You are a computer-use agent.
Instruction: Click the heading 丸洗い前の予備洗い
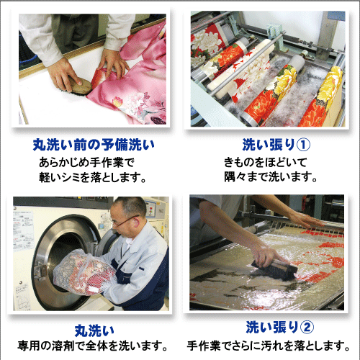pyautogui.click(x=94, y=145)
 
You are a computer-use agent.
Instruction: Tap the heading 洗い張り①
pyautogui.click(x=276, y=145)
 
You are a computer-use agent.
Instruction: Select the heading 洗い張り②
pyautogui.click(x=279, y=328)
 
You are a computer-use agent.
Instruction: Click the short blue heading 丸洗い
pyautogui.click(x=94, y=330)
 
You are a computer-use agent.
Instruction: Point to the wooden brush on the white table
pyautogui.click(x=76, y=86)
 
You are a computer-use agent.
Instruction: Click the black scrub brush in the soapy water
pyautogui.click(x=275, y=268)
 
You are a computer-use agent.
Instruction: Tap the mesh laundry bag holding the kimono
pyautogui.click(x=84, y=271)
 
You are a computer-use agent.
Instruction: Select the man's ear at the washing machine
pyautogui.click(x=136, y=223)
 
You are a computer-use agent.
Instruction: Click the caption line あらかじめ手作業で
pyautogui.click(x=86, y=163)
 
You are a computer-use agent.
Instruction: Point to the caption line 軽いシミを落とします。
pyautogui.click(x=92, y=177)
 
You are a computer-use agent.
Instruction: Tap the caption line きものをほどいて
pyautogui.click(x=266, y=163)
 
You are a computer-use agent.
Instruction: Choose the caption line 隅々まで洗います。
pyautogui.click(x=271, y=177)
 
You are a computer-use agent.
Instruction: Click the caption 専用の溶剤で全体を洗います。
pyautogui.click(x=92, y=346)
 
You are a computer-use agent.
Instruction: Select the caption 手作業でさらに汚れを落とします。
pyautogui.click(x=269, y=346)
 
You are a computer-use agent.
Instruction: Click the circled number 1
pyautogui.click(x=303, y=145)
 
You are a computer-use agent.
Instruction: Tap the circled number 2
pyautogui.click(x=307, y=328)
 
